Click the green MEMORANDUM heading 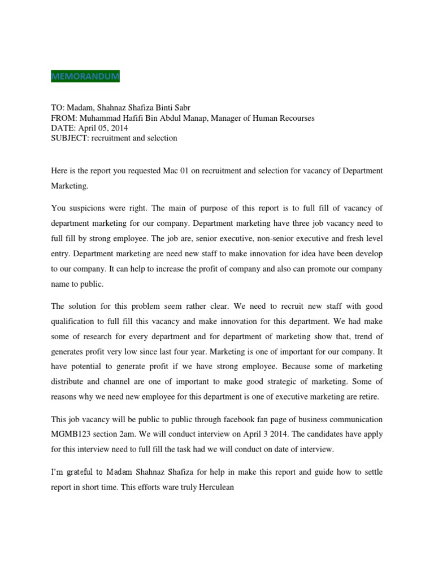coord(85,76)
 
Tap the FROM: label coord(65,118)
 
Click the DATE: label coord(64,128)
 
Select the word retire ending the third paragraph coord(368,397)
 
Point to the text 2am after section coord(146,435)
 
